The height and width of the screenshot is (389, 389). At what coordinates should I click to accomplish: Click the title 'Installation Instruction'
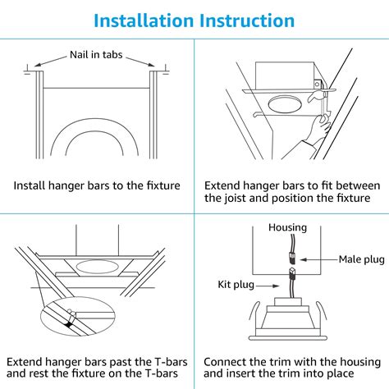pos(194,19)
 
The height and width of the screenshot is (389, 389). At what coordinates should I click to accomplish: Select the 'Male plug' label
pos(360,259)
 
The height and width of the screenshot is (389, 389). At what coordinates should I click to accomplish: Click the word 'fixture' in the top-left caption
pos(158,185)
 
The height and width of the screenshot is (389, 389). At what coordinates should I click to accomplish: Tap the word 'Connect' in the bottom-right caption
pos(227,361)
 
